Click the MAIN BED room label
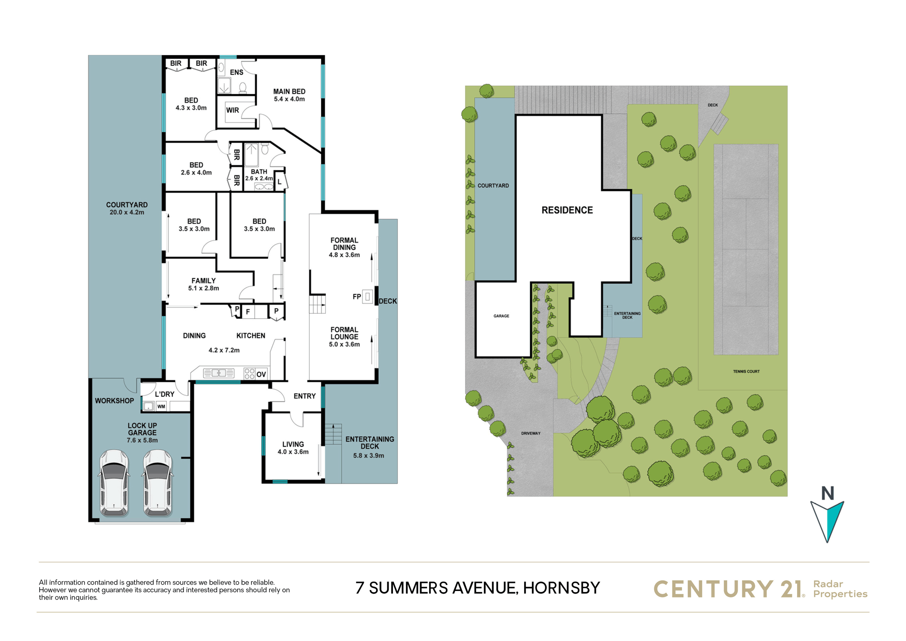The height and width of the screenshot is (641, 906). point(289,91)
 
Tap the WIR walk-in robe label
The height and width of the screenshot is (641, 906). point(232,110)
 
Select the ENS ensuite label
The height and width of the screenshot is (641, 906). point(236,72)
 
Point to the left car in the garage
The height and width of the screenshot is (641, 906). point(114,483)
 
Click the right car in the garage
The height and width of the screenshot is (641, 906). point(158,483)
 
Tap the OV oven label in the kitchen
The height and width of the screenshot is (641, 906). point(261,374)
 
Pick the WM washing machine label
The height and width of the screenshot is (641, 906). point(161,406)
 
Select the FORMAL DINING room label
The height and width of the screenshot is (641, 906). point(344,244)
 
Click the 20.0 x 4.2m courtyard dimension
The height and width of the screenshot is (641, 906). point(127,212)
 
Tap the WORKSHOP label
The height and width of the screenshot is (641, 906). point(114,401)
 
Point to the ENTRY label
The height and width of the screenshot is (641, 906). point(305,396)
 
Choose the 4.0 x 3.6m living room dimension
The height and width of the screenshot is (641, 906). point(293,452)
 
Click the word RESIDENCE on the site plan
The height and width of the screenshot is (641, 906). point(567,210)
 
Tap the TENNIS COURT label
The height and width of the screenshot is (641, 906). point(746,371)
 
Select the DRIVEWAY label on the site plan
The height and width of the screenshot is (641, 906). point(531,433)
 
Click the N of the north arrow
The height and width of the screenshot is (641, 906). point(827,493)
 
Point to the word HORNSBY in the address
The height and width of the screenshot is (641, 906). point(561,588)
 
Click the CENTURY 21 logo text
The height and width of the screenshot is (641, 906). point(728,589)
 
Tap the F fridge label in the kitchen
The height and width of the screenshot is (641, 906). point(248,311)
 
